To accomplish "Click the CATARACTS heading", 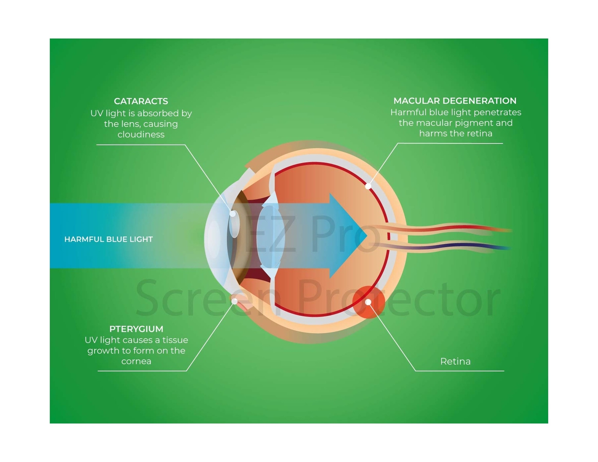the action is click(141, 101).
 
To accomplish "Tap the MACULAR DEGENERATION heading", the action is click(455, 101).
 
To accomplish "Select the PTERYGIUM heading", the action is click(136, 329).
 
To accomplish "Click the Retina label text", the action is click(455, 362).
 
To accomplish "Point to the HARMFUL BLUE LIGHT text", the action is click(108, 239).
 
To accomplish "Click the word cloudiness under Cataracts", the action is click(141, 134).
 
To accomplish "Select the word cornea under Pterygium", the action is click(136, 362).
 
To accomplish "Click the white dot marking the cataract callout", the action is click(232, 214).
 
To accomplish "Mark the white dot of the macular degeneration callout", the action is click(368, 186).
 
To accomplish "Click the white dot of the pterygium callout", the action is click(235, 301).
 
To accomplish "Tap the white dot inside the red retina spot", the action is click(368, 302).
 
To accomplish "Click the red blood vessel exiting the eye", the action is click(467, 227).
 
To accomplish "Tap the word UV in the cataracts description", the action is click(96, 113).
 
